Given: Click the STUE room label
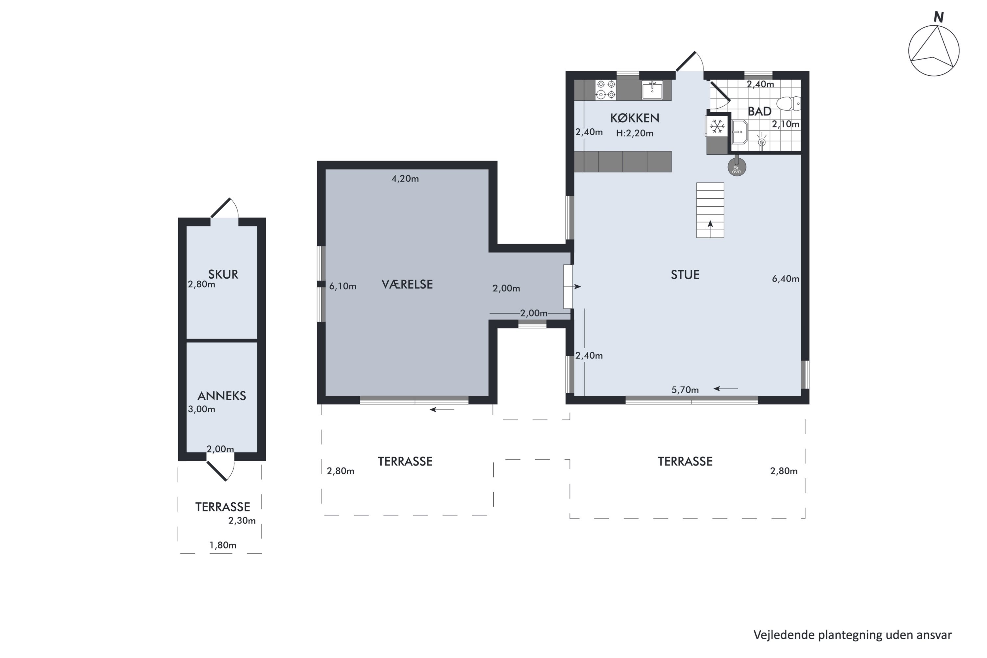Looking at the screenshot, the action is (x=685, y=275).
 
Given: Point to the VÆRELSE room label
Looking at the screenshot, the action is (x=407, y=285).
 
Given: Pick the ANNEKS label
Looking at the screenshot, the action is (x=221, y=396).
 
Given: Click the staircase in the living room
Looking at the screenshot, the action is (x=710, y=210).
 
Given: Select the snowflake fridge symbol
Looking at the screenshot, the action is (x=717, y=126).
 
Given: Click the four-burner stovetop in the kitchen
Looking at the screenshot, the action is (x=606, y=90).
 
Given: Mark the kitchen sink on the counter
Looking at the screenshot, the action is (x=652, y=90).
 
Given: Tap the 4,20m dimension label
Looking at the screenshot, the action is (x=405, y=179).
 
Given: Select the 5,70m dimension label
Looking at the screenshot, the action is (x=685, y=390).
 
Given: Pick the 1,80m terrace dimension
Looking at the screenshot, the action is (x=223, y=545).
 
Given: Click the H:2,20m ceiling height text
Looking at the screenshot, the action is (x=635, y=134).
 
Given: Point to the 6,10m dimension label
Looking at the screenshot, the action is (x=342, y=286).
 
